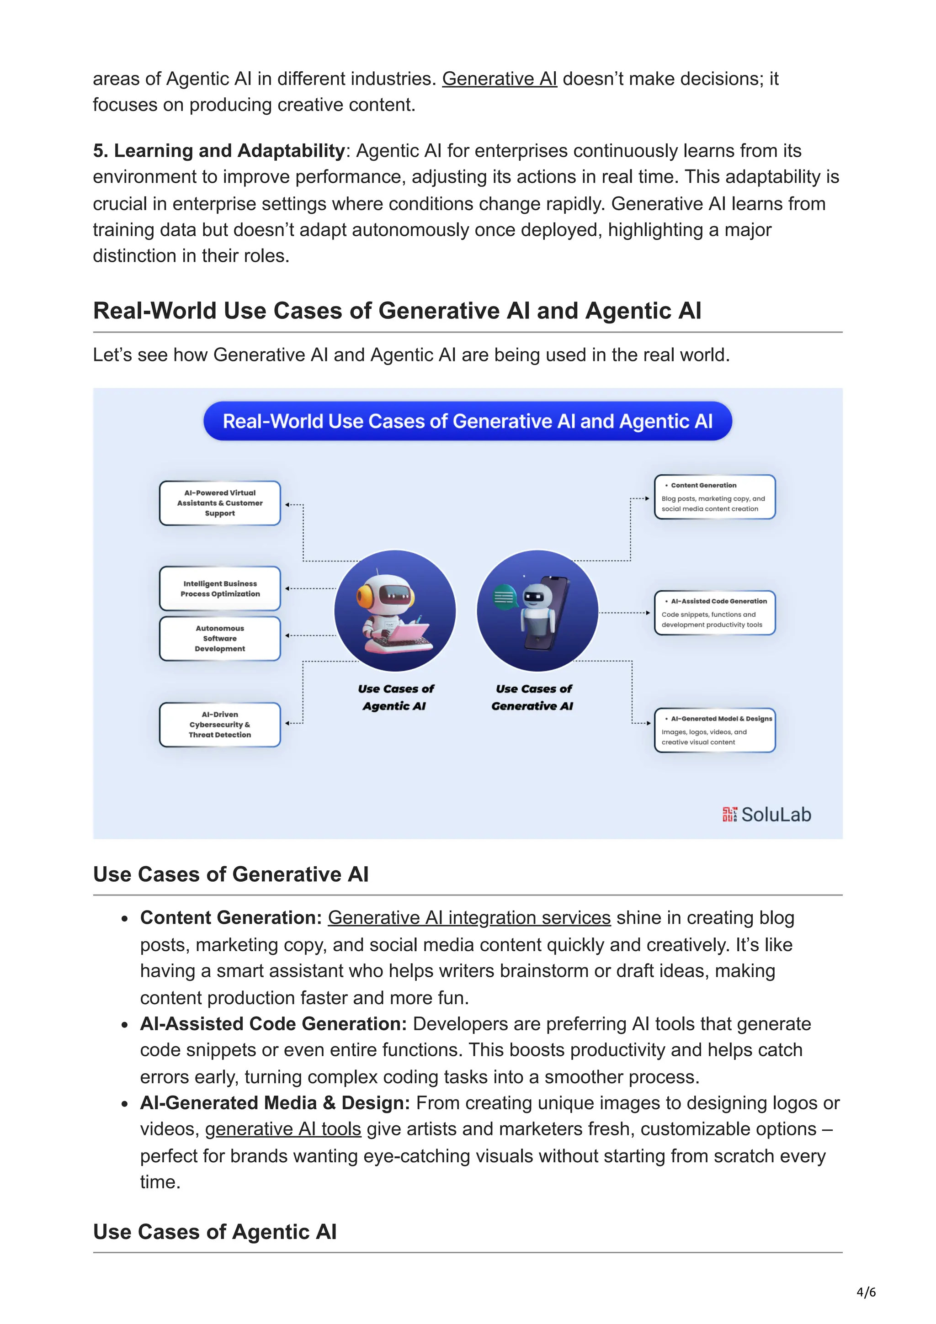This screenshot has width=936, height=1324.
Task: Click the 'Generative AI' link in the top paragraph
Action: (499, 79)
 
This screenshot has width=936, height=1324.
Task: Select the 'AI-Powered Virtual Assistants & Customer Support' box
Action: (220, 503)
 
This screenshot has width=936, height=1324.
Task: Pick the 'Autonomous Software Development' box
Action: (220, 638)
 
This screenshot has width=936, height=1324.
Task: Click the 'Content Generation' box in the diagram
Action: (714, 497)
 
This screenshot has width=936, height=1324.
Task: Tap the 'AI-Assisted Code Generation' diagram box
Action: (714, 613)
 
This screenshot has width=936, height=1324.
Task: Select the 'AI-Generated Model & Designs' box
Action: (714, 730)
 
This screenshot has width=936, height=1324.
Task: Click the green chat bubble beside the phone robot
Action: (504, 597)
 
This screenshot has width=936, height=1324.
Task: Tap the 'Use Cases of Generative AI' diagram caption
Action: (533, 697)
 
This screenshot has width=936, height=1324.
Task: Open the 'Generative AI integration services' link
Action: (469, 917)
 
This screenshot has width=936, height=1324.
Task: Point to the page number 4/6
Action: (866, 1292)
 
